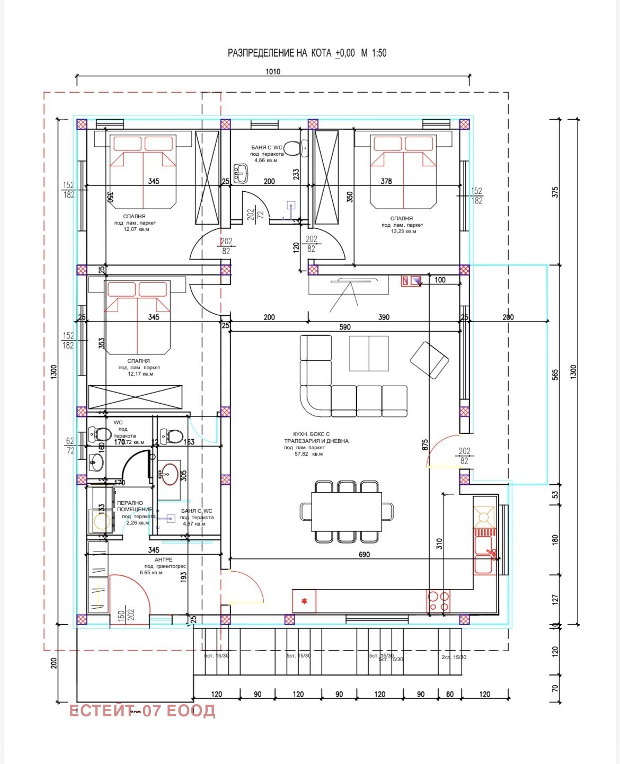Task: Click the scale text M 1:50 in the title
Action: pyautogui.click(x=374, y=53)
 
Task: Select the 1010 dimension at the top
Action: pyautogui.click(x=273, y=72)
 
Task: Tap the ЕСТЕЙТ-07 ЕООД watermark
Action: pyautogui.click(x=142, y=710)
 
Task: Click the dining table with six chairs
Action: pyautogui.click(x=346, y=512)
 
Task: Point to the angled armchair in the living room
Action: pyautogui.click(x=430, y=360)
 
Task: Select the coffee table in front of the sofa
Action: pyautogui.click(x=369, y=353)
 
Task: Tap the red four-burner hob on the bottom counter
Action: pyautogui.click(x=438, y=601)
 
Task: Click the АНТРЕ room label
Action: pyautogui.click(x=163, y=559)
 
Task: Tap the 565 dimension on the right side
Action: pyautogui.click(x=555, y=375)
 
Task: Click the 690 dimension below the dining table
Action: pyautogui.click(x=364, y=555)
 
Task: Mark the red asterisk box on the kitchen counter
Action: pyautogui.click(x=304, y=601)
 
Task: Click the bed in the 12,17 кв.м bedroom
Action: pyautogui.click(x=137, y=318)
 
